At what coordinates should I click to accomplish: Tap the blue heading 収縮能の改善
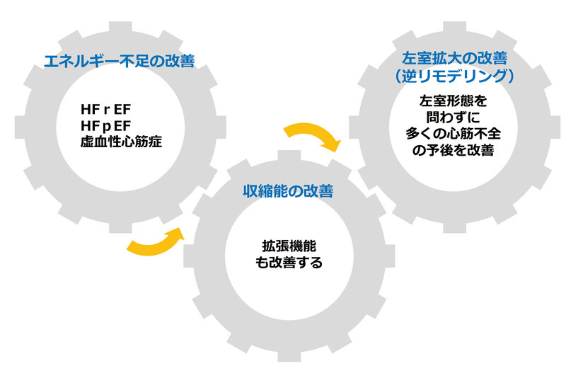click(x=288, y=191)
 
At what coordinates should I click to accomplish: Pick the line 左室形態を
click(x=453, y=102)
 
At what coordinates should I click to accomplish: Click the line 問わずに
click(x=453, y=118)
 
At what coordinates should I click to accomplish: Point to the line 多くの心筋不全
click(x=453, y=134)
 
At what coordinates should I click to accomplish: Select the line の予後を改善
click(x=453, y=151)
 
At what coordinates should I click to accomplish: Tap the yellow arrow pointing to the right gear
click(x=311, y=137)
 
